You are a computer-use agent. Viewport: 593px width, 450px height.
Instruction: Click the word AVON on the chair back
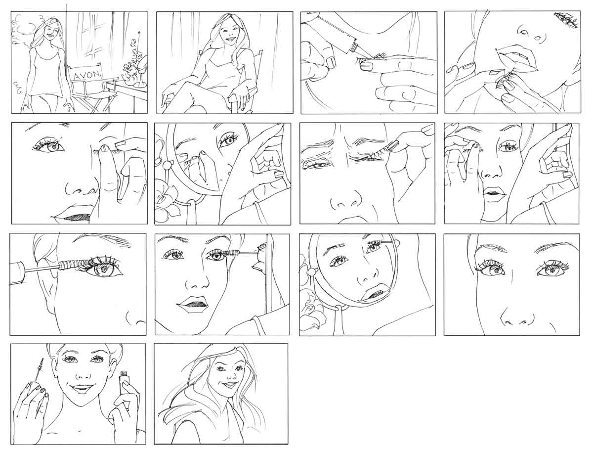coord(87,75)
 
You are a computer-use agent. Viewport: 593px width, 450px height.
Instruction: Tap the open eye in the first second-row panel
coord(50,146)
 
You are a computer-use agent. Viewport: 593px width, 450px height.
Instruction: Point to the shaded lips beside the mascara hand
coord(193,304)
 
